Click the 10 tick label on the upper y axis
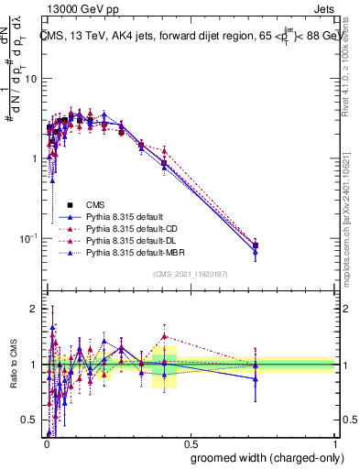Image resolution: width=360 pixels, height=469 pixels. tap(29, 79)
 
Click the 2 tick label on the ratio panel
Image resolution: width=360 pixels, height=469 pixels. tap(35, 309)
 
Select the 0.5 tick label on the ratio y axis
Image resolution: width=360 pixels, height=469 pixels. tap(29, 420)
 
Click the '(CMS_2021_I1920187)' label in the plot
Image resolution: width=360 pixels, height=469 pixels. tap(190, 274)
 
